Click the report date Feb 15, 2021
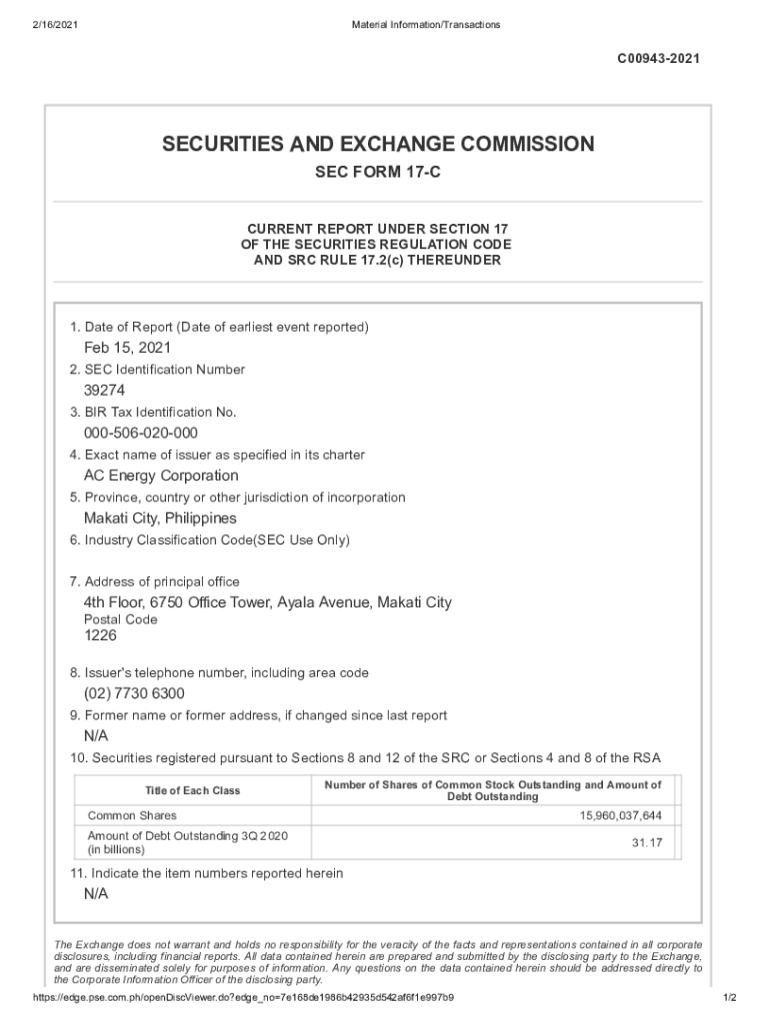[x=127, y=348]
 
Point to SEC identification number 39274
[x=104, y=391]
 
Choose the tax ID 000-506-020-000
[x=141, y=433]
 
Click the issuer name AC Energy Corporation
[x=161, y=476]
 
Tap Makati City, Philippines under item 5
[x=160, y=518]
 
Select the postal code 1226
[x=101, y=634]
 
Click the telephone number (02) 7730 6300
[x=134, y=693]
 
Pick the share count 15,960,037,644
[x=620, y=816]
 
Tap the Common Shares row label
[x=132, y=816]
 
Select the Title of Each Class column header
[x=193, y=790]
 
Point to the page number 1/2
[x=729, y=998]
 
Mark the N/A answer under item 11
[x=96, y=894]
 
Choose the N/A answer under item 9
[x=96, y=736]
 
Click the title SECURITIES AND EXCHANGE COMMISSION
[x=378, y=144]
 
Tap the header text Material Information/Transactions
[x=426, y=24]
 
